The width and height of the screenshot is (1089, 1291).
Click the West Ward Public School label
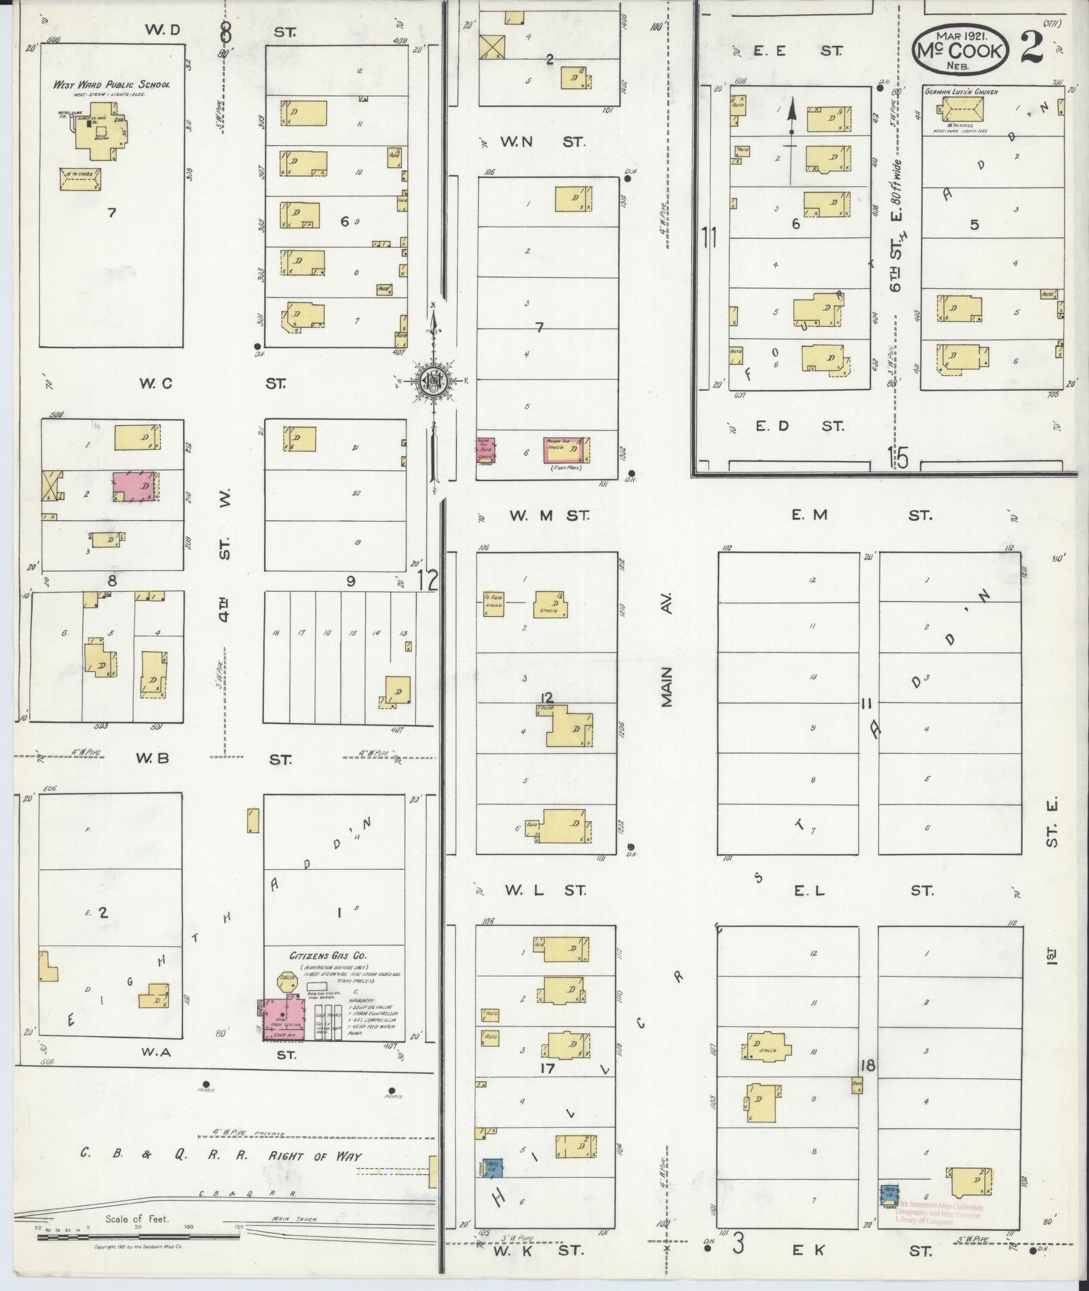coord(111,84)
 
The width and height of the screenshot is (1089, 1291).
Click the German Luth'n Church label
coord(961,92)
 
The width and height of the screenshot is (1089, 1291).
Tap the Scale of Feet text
coord(137,1219)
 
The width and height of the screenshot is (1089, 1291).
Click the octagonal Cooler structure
coord(286,981)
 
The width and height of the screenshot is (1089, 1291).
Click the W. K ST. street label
coord(537,1251)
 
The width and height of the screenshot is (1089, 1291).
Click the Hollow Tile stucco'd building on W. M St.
coord(566,449)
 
